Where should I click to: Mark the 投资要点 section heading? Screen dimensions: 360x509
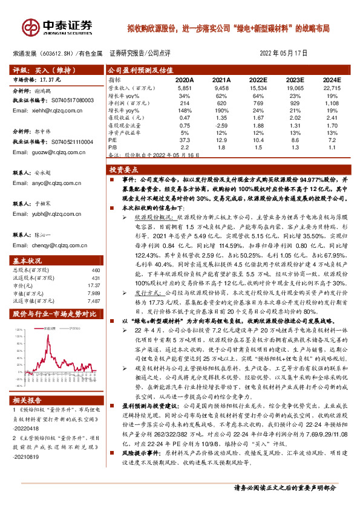pos(128,171)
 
